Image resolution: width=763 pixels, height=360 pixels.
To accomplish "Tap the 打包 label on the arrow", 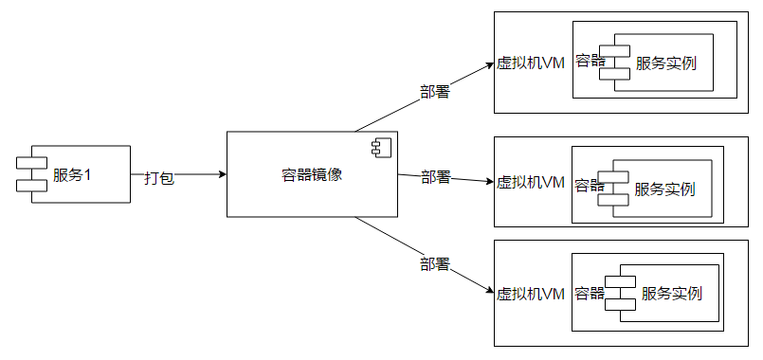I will (158, 177).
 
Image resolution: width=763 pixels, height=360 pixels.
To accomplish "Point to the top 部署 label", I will (434, 93).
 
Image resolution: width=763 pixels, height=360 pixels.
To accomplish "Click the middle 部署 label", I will (436, 177).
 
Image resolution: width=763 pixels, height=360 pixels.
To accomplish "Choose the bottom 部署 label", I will (434, 262).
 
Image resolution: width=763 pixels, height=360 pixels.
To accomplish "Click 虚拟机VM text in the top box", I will (531, 63).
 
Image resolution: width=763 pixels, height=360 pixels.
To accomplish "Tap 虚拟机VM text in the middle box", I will (531, 181).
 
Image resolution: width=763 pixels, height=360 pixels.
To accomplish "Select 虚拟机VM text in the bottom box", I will (531, 294).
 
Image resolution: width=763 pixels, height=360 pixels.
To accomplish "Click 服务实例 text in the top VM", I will (666, 64).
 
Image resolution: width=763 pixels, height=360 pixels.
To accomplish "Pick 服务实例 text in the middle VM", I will (664, 189).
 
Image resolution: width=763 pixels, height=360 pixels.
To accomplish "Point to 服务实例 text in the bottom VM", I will (671, 294).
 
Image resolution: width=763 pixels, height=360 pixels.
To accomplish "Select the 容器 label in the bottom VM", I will (590, 293).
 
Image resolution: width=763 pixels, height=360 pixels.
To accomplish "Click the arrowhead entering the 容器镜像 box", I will (222, 174).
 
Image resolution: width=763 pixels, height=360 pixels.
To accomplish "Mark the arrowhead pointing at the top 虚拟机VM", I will (489, 65).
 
